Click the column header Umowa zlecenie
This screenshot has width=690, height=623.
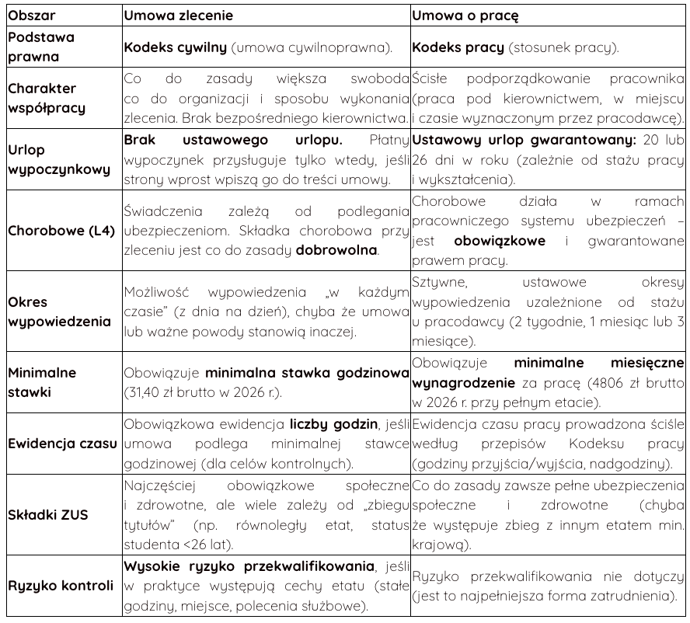pyautogui.click(x=178, y=14)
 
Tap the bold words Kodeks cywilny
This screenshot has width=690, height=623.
pyautogui.click(x=176, y=47)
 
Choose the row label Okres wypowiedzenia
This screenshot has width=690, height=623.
pyautogui.click(x=59, y=311)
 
